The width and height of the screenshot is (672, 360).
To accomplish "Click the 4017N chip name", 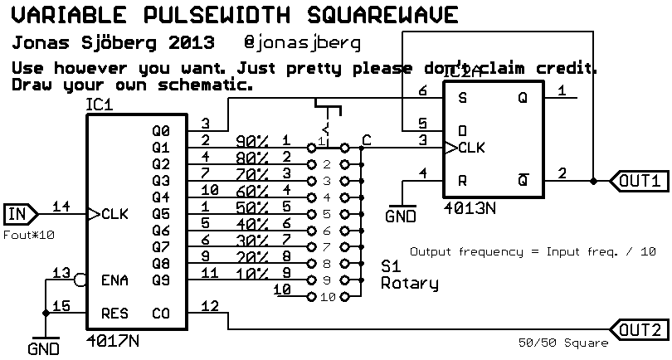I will [x=112, y=340].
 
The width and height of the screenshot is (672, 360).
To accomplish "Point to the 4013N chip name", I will [x=470, y=207].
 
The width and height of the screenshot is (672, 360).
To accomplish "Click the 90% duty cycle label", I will [x=252, y=141].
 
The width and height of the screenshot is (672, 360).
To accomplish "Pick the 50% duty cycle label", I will [x=252, y=207].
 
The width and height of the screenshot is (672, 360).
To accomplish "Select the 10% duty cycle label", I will [x=252, y=273].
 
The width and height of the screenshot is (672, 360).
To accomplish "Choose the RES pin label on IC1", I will [x=114, y=314].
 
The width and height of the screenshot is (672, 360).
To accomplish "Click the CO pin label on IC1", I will [x=161, y=314].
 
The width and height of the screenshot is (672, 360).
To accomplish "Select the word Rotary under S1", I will [x=409, y=284].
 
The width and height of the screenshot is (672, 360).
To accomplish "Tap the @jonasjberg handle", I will [x=304, y=42].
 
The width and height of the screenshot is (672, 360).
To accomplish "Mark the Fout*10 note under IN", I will [x=30, y=236].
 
